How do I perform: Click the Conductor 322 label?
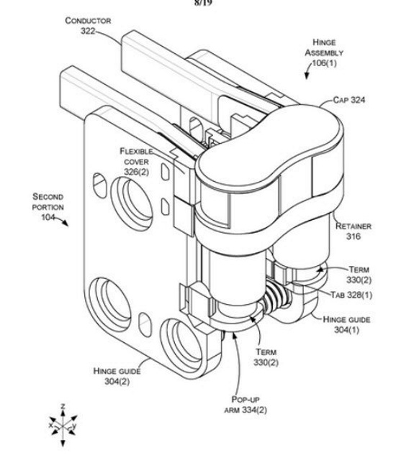click(x=88, y=26)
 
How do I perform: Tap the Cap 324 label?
click(x=348, y=100)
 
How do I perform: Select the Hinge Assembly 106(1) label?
click(x=324, y=52)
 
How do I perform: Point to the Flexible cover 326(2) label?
click(x=136, y=162)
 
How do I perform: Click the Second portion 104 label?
click(x=48, y=207)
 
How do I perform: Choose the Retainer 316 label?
click(x=354, y=231)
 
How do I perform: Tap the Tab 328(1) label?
click(x=351, y=295)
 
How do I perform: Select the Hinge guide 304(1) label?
click(x=346, y=324)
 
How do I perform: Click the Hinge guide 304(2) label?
click(x=117, y=376)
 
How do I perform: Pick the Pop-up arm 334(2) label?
click(x=246, y=405)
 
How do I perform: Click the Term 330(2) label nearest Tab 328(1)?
click(x=359, y=275)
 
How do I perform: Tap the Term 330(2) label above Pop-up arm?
click(x=266, y=357)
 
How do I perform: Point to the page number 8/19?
click(x=203, y=3)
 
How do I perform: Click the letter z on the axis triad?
click(x=63, y=406)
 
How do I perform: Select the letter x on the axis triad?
click(x=51, y=426)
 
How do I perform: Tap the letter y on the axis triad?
click(x=74, y=426)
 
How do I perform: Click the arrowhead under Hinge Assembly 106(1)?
click(x=307, y=75)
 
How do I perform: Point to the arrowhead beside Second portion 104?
click(x=66, y=223)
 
